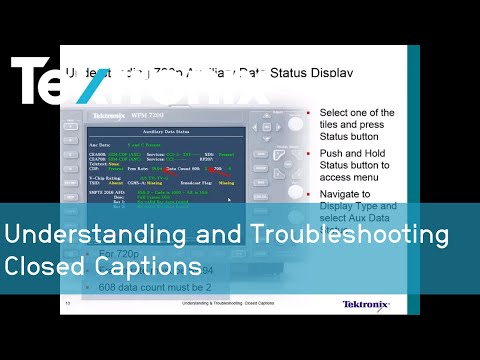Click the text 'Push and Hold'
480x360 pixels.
351,155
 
